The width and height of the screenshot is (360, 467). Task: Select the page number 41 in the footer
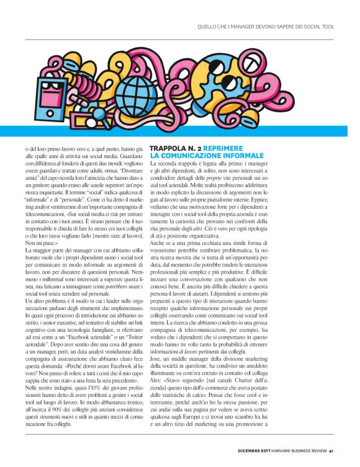332,450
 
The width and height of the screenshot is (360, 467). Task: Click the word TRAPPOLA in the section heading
170,147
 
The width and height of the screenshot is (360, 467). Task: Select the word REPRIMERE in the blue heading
233,147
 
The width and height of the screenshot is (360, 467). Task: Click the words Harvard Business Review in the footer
303,450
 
